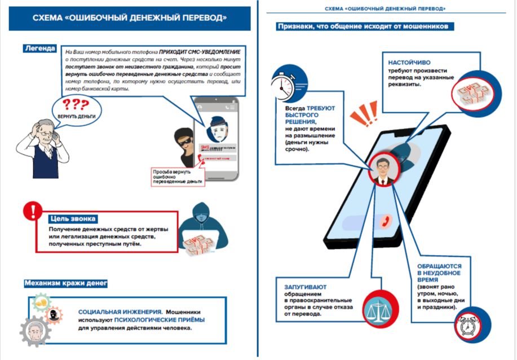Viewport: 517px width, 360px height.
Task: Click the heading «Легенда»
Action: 39,49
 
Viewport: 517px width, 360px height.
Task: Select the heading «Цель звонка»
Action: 74,218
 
